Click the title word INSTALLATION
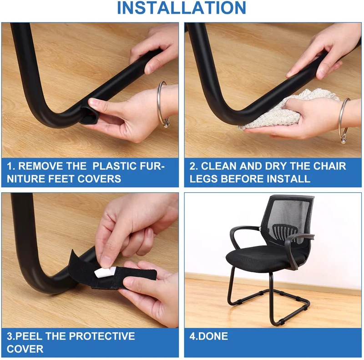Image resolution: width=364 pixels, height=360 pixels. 182,8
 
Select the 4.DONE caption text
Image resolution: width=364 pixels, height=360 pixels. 208,337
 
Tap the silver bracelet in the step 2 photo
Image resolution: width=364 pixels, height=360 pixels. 344,116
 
